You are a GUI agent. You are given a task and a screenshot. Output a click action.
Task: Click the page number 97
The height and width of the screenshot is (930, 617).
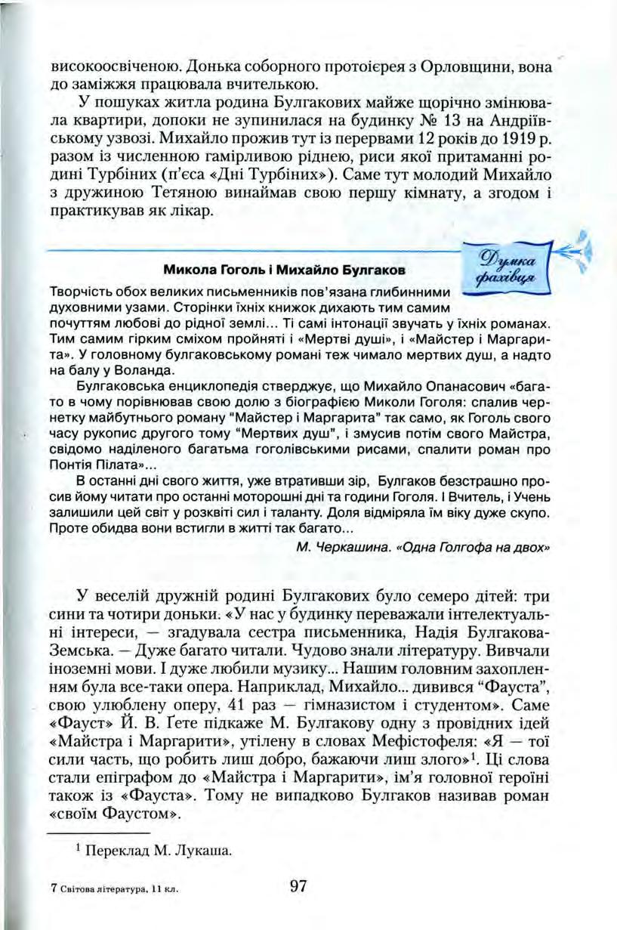(x=298, y=885)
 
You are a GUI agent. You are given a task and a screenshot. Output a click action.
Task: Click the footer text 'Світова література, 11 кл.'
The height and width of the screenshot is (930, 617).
(x=117, y=890)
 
